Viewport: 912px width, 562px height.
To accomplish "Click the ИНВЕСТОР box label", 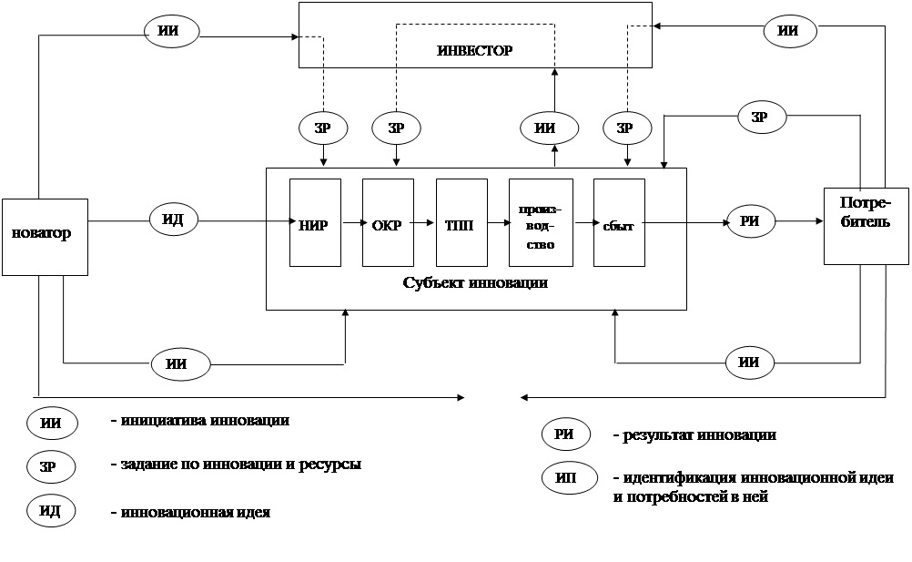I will point(474,50).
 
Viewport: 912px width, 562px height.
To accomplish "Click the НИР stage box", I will point(313,223).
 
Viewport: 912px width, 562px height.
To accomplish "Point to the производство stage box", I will point(540,223).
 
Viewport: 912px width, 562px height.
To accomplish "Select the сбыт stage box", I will point(618,223).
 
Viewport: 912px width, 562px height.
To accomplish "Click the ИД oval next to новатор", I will point(174,220).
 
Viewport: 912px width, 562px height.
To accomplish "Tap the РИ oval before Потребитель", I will point(750,220).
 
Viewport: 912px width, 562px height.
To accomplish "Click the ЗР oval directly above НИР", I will point(322,128).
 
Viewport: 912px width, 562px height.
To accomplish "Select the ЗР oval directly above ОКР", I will point(395,128).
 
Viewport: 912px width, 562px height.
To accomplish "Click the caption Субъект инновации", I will point(475,282).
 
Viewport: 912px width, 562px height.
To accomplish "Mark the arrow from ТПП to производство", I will point(497,221).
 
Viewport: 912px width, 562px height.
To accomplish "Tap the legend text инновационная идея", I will point(190,513).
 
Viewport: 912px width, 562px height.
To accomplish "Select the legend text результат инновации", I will point(694,435).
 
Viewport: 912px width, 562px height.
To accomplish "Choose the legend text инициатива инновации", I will point(199,421).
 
